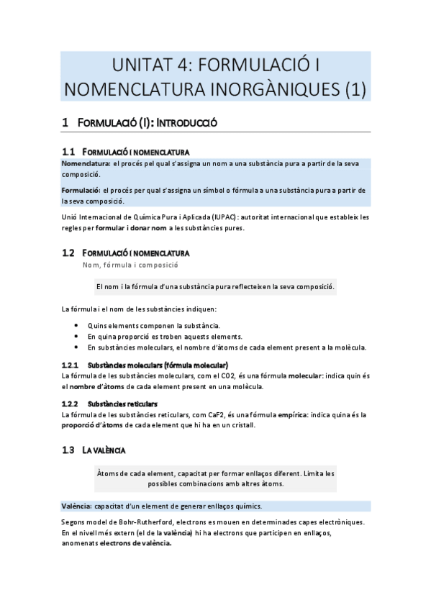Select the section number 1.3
[68, 450]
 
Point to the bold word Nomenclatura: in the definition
[86, 163]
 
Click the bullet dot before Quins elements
[77, 326]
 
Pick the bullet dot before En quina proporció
[77, 337]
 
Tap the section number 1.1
[68, 152]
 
